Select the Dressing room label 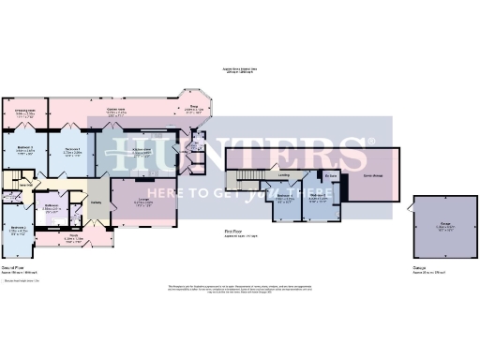tap(25, 110)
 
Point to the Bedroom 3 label tap(25, 147)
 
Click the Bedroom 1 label tap(73, 148)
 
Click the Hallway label tap(97, 206)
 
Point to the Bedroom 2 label tap(18, 228)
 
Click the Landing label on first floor tap(283, 174)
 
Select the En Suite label tap(332, 175)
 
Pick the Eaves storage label tap(373, 175)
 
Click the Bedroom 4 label tap(286, 198)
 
